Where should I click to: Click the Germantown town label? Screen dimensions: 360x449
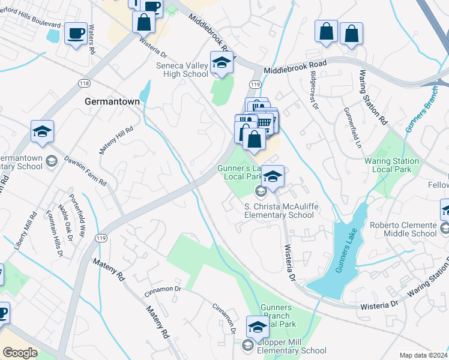tap(112, 101)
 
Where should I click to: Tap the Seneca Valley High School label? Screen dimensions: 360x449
tap(181, 70)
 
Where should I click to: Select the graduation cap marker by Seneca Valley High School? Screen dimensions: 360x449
tap(221, 63)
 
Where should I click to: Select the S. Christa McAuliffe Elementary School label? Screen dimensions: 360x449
tap(279, 211)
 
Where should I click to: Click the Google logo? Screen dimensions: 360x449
tap(20, 353)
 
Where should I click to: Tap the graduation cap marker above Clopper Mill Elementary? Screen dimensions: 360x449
tap(258, 327)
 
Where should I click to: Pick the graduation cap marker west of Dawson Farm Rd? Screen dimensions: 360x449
tap(43, 131)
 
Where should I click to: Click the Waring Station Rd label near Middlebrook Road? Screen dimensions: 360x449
tap(372, 97)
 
